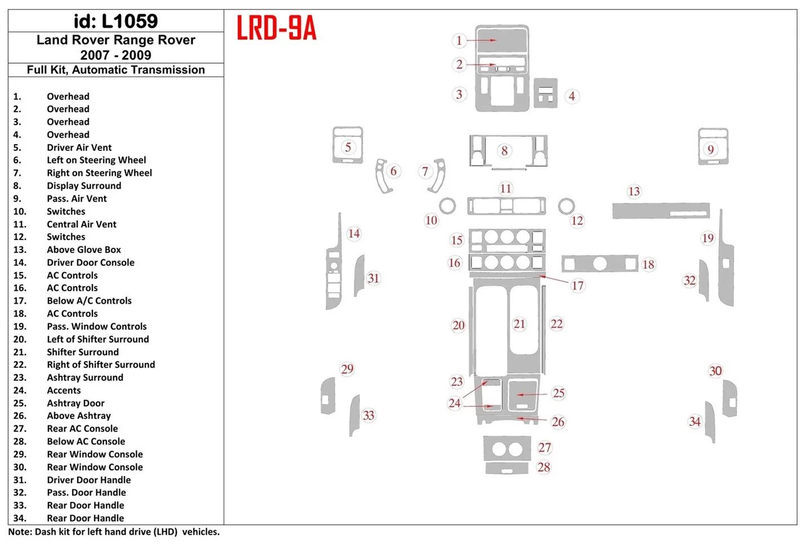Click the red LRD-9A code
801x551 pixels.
pos(277,28)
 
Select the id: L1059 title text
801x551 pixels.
pos(115,21)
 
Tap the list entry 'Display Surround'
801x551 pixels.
pos(84,185)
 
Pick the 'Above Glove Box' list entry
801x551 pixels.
pos(84,250)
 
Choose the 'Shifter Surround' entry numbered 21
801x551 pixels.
pos(83,352)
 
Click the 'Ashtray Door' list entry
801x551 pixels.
pos(75,403)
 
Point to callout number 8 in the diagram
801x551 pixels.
pos(504,150)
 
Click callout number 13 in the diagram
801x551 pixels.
pos(634,192)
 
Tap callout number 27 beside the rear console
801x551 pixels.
pos(544,447)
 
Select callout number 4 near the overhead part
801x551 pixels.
pos(572,96)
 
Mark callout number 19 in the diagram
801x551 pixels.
pos(707,238)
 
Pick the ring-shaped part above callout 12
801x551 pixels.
pos(567,199)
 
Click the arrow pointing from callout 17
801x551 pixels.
pos(554,279)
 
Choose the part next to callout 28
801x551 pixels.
pos(507,468)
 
